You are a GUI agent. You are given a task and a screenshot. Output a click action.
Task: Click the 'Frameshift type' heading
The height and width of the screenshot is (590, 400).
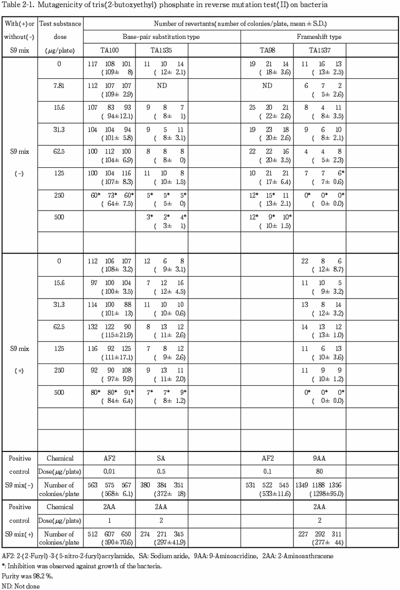point(319,37)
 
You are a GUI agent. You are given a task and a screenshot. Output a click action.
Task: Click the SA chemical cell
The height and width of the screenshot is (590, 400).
point(162,458)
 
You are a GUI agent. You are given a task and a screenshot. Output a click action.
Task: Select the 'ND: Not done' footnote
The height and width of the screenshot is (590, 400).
point(20,585)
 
